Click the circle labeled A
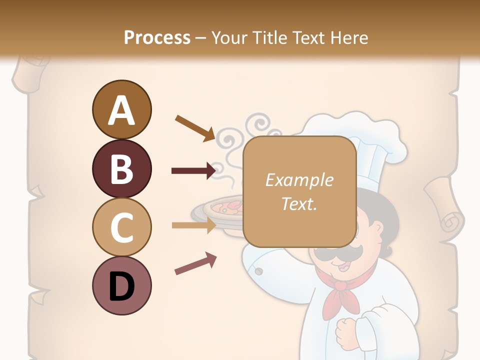[121, 109]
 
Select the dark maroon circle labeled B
[121, 168]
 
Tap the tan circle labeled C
[121, 227]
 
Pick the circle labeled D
[121, 286]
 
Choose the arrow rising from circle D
[195, 264]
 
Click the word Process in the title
[157, 37]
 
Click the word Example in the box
[299, 180]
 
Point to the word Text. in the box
[299, 203]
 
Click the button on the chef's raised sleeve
[258, 271]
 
